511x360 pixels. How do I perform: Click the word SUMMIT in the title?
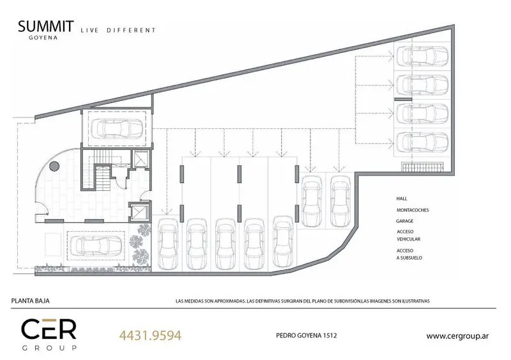point(45,26)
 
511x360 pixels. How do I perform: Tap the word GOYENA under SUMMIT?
point(43,38)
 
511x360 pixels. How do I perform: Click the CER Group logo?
point(49,334)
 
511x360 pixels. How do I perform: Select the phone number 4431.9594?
point(150,335)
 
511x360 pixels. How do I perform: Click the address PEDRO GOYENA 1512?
point(307,335)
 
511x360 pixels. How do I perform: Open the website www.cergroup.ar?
point(457,336)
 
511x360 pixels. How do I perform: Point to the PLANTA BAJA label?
point(30,301)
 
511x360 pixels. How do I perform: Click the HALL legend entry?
point(402,199)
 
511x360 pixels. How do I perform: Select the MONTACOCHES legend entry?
point(413,210)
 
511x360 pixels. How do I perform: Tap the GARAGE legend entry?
point(405,221)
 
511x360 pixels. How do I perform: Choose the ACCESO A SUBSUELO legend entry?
point(409,254)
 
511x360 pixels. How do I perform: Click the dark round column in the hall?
point(54,166)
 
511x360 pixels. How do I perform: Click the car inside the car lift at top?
point(117,129)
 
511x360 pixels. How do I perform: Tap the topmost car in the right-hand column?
point(422,56)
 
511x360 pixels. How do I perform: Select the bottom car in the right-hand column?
point(422,142)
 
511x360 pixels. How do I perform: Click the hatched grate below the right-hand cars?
point(422,167)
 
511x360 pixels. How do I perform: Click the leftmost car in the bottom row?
point(168,244)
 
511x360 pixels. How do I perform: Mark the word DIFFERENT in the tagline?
point(131,30)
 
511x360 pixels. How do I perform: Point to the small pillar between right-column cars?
point(403,99)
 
